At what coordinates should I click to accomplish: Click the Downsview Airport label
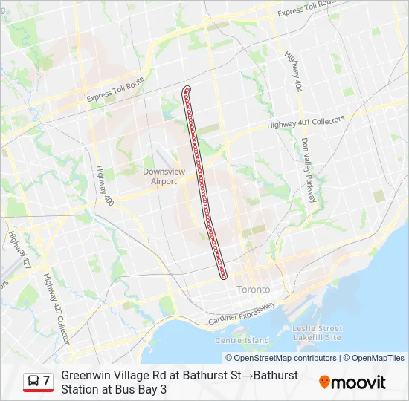[x=159, y=175]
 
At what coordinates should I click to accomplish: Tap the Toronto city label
[x=254, y=290]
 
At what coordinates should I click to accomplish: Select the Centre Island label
[x=242, y=339]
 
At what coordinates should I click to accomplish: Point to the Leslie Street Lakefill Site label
[x=318, y=333]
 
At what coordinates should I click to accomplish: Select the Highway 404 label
[x=292, y=71]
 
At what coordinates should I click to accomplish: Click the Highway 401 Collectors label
[x=306, y=123]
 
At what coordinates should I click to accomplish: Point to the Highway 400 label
[x=103, y=186]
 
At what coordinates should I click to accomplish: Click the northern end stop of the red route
[x=186, y=91]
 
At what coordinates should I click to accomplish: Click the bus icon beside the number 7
[x=33, y=382]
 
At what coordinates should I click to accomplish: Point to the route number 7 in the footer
[x=46, y=381]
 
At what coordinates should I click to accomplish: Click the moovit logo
[x=352, y=382]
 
